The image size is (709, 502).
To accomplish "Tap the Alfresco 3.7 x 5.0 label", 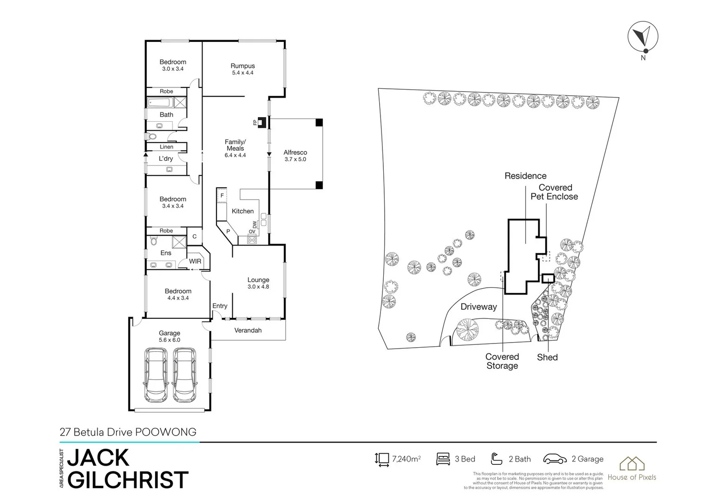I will (x=295, y=155).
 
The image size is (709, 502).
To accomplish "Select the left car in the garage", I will (x=156, y=376).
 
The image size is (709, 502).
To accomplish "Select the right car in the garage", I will (x=184, y=376).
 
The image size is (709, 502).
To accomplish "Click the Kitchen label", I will (x=243, y=211).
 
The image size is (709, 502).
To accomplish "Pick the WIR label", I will (x=195, y=261).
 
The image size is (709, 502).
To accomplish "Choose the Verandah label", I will (x=248, y=330).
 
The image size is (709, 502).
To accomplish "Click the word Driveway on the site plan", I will (x=479, y=307).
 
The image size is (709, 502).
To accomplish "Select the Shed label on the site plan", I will (x=547, y=357).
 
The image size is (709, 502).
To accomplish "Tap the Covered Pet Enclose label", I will (x=554, y=192).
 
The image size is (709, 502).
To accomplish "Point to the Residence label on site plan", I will (x=525, y=176).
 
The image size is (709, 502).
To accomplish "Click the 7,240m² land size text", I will (x=406, y=459).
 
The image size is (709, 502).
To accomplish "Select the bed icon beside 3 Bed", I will (x=443, y=459).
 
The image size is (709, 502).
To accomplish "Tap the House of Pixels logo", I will (x=632, y=468).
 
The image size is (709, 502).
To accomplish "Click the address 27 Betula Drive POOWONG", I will (x=128, y=432).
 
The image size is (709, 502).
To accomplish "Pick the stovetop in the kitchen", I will (x=252, y=240).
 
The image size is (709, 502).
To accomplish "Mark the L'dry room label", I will (x=166, y=159).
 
